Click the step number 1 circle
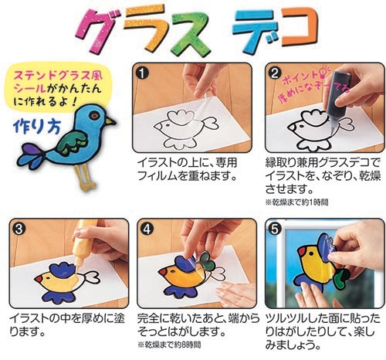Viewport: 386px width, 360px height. (142, 73)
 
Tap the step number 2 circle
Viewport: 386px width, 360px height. (275, 73)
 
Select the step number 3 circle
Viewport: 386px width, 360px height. (19, 229)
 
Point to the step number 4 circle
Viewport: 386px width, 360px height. (147, 229)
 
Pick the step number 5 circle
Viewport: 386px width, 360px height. (275, 229)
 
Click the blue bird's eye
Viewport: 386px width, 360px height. (94, 116)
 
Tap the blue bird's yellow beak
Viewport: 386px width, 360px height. (110, 121)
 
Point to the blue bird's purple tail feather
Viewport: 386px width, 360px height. (29, 150)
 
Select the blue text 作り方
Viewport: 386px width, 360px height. (37, 127)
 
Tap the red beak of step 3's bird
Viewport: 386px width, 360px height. (39, 279)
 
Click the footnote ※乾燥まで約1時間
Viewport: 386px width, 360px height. (296, 202)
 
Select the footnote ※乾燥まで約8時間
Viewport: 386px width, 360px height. (169, 345)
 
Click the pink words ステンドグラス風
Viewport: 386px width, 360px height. (59, 76)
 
